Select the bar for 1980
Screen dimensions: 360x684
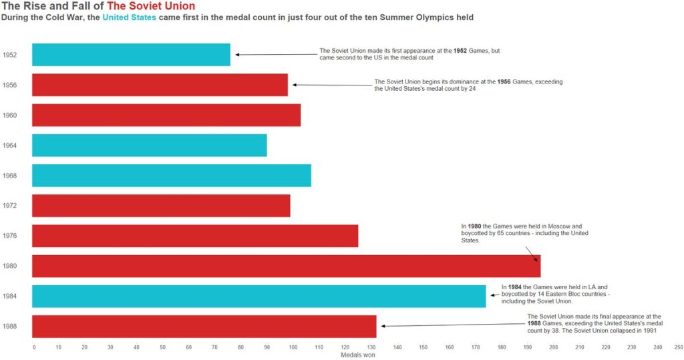(286, 266)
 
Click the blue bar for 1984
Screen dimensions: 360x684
(259, 296)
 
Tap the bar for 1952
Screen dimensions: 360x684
(131, 55)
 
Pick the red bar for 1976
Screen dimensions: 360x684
(195, 236)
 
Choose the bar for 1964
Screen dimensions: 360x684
(149, 145)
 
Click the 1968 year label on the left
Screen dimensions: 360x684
(10, 176)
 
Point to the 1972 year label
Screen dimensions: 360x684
(10, 206)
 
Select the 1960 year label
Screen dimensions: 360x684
(10, 115)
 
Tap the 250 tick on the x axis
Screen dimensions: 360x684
(679, 347)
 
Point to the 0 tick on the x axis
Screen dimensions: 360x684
(34, 347)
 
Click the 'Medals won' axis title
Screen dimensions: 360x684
(357, 355)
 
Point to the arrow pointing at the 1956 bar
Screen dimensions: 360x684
(331, 85)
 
